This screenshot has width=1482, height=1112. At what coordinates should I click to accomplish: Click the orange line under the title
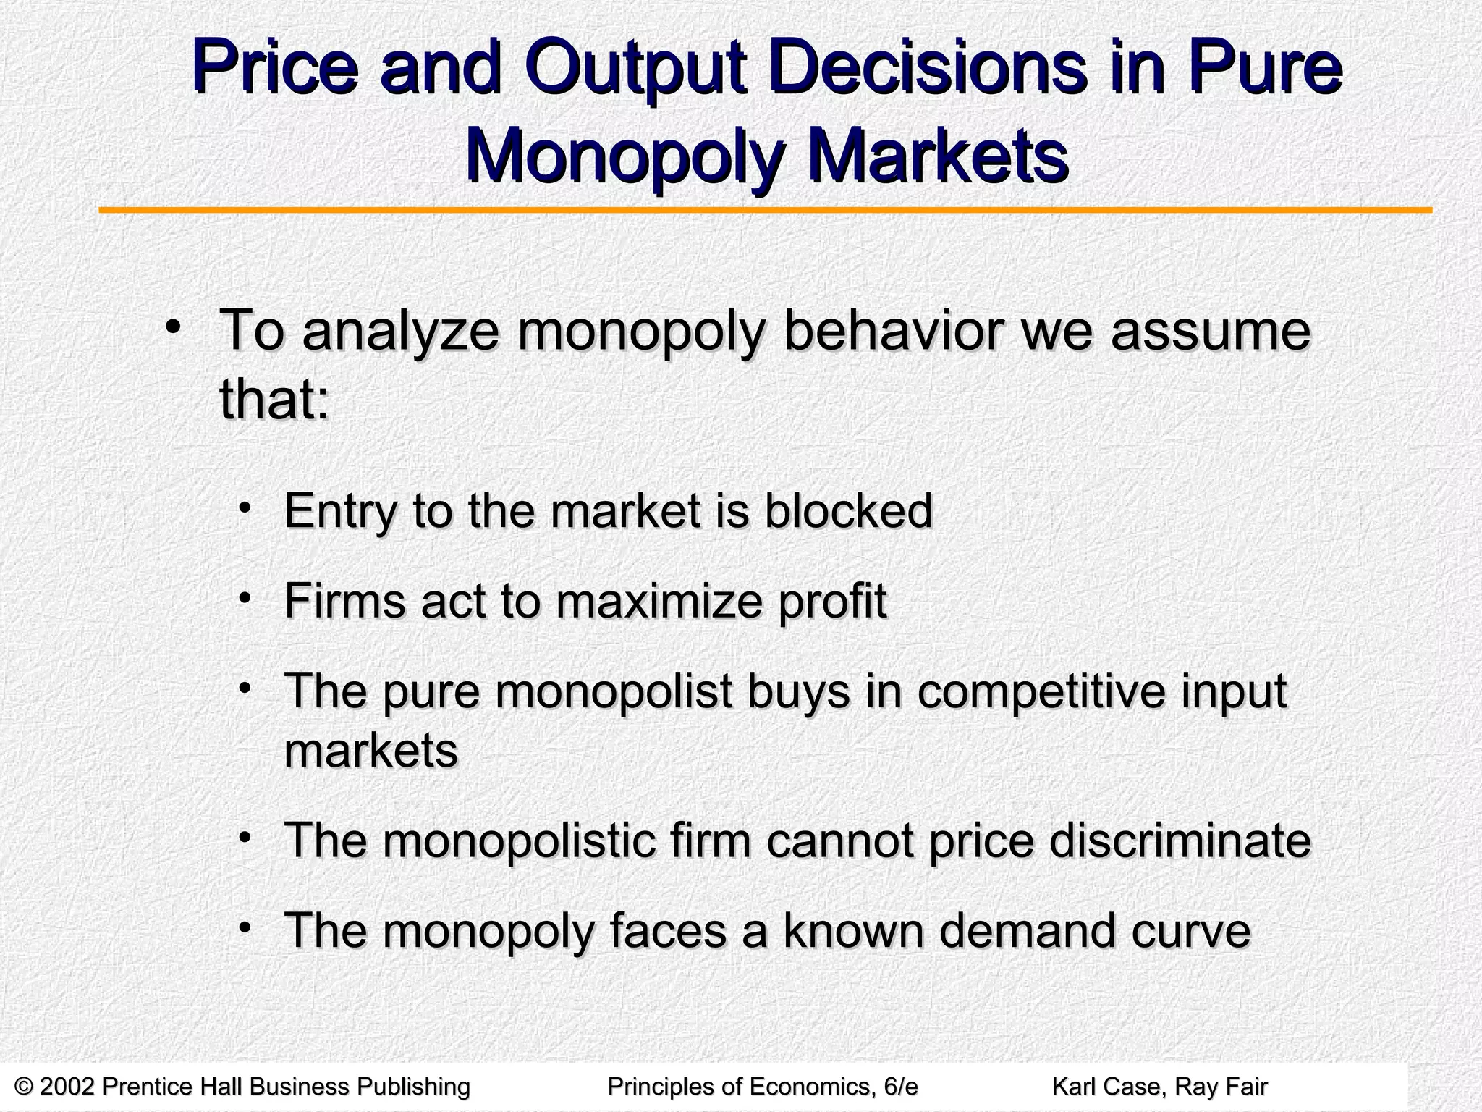pyautogui.click(x=765, y=211)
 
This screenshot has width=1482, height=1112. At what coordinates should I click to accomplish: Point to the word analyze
pyautogui.click(x=400, y=331)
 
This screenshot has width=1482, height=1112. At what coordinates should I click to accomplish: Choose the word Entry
pyautogui.click(x=341, y=512)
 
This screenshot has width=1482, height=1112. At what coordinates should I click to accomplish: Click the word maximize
pyautogui.click(x=659, y=601)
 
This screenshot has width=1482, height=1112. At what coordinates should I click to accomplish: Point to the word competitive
pyautogui.click(x=1041, y=691)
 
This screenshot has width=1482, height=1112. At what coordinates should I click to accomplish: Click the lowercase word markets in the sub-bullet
pyautogui.click(x=371, y=751)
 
